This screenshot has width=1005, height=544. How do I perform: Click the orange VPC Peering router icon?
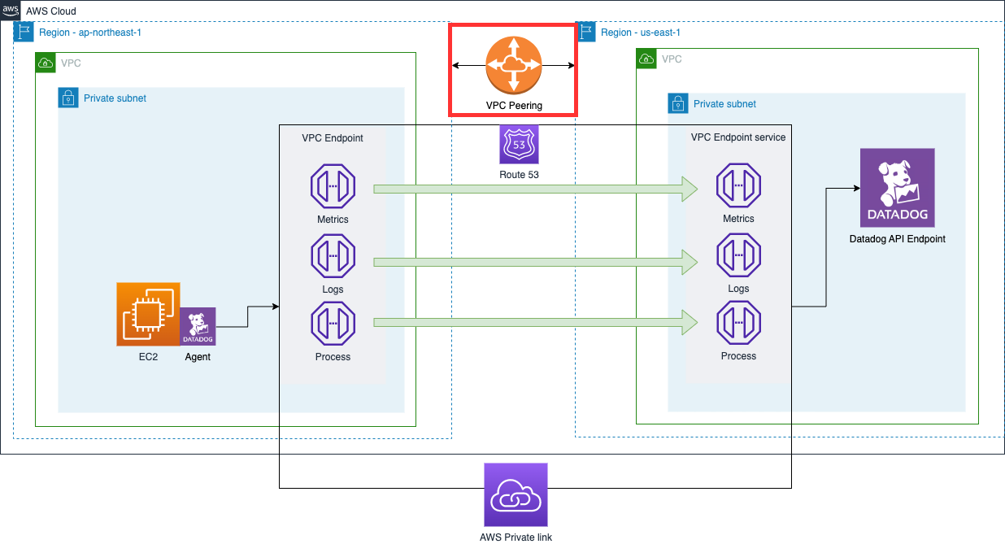click(x=513, y=65)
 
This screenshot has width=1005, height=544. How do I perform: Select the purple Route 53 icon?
click(x=519, y=145)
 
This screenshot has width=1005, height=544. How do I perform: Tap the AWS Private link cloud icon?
click(x=516, y=495)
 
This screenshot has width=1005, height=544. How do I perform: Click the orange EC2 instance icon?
click(x=148, y=314)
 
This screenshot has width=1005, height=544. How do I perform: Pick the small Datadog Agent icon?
click(x=198, y=327)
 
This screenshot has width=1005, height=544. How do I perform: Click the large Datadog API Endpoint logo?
click(x=897, y=188)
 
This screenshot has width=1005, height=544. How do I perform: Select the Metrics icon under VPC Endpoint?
click(x=333, y=186)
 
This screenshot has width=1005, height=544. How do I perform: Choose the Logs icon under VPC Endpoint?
click(x=333, y=256)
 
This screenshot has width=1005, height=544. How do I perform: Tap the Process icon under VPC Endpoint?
click(x=333, y=324)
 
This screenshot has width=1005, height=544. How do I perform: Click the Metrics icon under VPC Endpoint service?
click(x=738, y=186)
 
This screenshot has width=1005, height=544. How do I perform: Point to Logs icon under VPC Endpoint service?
click(x=738, y=256)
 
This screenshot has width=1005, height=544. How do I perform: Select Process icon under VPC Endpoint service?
click(x=738, y=324)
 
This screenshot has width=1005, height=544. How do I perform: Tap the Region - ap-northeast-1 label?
click(x=89, y=33)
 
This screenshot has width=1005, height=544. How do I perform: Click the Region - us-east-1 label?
click(x=640, y=33)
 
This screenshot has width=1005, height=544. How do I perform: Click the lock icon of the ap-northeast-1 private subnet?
click(x=67, y=98)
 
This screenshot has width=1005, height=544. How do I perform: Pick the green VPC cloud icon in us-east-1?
click(x=646, y=59)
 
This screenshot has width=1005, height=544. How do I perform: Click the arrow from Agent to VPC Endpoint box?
click(x=248, y=317)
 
